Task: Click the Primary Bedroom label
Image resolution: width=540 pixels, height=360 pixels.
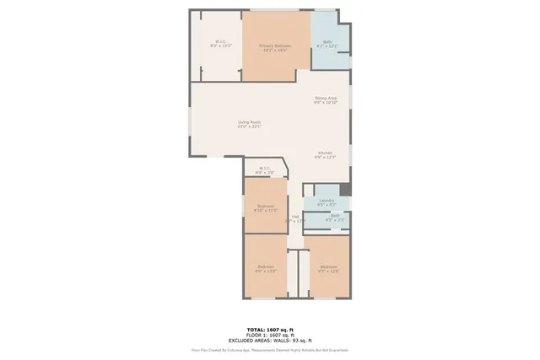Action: (x=276, y=45)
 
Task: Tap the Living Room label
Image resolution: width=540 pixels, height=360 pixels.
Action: (x=249, y=122)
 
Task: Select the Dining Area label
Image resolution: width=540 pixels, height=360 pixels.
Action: (x=326, y=99)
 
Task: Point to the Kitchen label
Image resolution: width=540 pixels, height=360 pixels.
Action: (x=326, y=153)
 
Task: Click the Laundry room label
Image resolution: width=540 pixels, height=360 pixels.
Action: (x=327, y=200)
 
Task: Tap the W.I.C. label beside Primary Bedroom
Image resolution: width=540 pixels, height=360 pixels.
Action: (x=220, y=41)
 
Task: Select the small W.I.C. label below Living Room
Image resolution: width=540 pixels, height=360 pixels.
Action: (x=265, y=168)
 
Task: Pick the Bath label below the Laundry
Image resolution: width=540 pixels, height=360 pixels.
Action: (x=335, y=216)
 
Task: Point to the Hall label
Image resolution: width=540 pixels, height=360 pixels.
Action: (x=296, y=216)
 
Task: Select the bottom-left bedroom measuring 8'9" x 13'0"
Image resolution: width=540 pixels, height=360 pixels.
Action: (x=266, y=267)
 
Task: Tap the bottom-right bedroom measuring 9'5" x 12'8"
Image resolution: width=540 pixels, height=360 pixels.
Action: (x=328, y=267)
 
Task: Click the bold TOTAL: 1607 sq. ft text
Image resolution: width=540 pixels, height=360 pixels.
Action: (x=270, y=330)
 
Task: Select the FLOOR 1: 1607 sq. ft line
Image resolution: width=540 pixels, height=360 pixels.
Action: (x=270, y=335)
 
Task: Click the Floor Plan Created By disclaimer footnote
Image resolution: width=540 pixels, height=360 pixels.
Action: (x=270, y=349)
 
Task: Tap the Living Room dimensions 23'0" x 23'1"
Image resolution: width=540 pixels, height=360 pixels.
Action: (x=249, y=126)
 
